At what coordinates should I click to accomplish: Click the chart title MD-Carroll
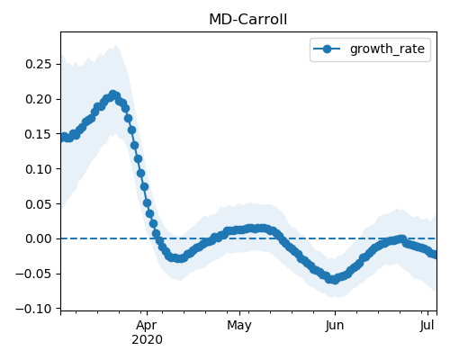coord(248,20)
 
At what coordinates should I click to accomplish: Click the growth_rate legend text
coord(387,49)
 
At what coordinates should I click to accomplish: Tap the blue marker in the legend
coord(327,49)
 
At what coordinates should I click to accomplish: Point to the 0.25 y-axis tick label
coord(38,64)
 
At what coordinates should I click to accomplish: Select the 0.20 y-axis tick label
coord(38,99)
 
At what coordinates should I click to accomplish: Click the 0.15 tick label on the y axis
coord(38,134)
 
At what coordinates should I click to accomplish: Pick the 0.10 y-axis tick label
coord(38,169)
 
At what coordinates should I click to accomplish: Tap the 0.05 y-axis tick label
coord(38,204)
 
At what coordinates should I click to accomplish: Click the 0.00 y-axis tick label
coord(38,238)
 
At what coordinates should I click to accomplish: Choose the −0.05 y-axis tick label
coord(33,274)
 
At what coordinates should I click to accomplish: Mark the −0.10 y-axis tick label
coord(33,309)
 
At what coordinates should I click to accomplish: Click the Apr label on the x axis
coord(147,326)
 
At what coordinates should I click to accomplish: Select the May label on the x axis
coord(239,326)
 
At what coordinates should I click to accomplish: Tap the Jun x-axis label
coord(335,326)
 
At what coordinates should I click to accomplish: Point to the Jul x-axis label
coord(427,325)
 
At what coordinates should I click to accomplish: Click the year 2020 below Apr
coord(147,340)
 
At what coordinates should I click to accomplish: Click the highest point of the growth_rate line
coord(112,95)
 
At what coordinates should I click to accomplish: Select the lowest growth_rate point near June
coord(335,280)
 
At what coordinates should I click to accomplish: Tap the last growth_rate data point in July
coord(435,255)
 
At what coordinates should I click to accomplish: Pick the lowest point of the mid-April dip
coord(179,258)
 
